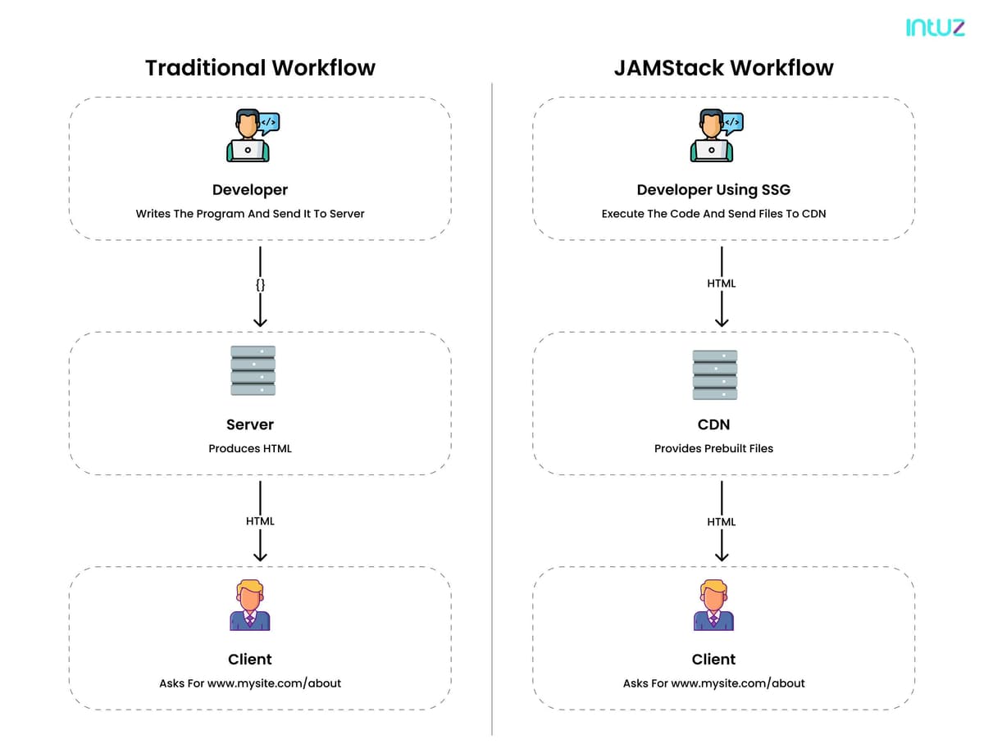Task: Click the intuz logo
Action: pyautogui.click(x=935, y=27)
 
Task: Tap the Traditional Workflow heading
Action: pyautogui.click(x=260, y=68)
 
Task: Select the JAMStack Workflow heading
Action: pyautogui.click(x=723, y=68)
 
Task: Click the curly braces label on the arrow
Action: pyautogui.click(x=260, y=284)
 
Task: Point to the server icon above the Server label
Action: pyautogui.click(x=253, y=370)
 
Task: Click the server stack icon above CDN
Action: pyautogui.click(x=714, y=374)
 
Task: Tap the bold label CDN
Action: pyautogui.click(x=713, y=424)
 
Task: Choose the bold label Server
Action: pyautogui.click(x=250, y=424)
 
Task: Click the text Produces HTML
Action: pyautogui.click(x=250, y=448)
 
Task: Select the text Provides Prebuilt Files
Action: pyautogui.click(x=713, y=448)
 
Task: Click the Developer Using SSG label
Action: pyautogui.click(x=713, y=189)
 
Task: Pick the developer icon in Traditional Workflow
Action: pyautogui.click(x=253, y=135)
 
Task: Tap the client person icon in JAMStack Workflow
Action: pyautogui.click(x=713, y=606)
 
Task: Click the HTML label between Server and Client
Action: pyautogui.click(x=260, y=521)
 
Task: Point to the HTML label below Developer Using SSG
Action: pyautogui.click(x=722, y=284)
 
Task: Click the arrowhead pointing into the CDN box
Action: pyautogui.click(x=722, y=322)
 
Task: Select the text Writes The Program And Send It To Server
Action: pyautogui.click(x=250, y=214)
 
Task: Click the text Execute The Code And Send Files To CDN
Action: pyautogui.click(x=713, y=214)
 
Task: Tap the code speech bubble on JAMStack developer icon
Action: pyautogui.click(x=733, y=123)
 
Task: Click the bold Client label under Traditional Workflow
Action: pyautogui.click(x=250, y=659)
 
